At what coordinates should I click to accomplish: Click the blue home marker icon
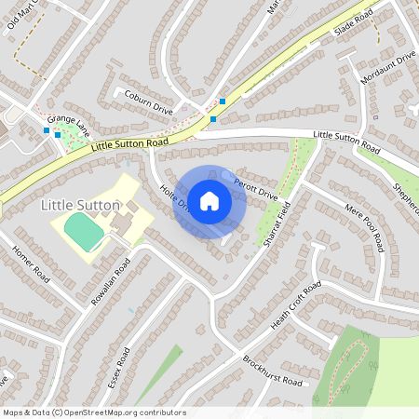click(x=209, y=200)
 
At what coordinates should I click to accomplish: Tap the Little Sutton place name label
click(x=81, y=204)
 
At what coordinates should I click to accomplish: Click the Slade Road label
click(x=353, y=21)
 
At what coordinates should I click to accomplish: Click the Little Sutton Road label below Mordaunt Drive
click(x=346, y=142)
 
